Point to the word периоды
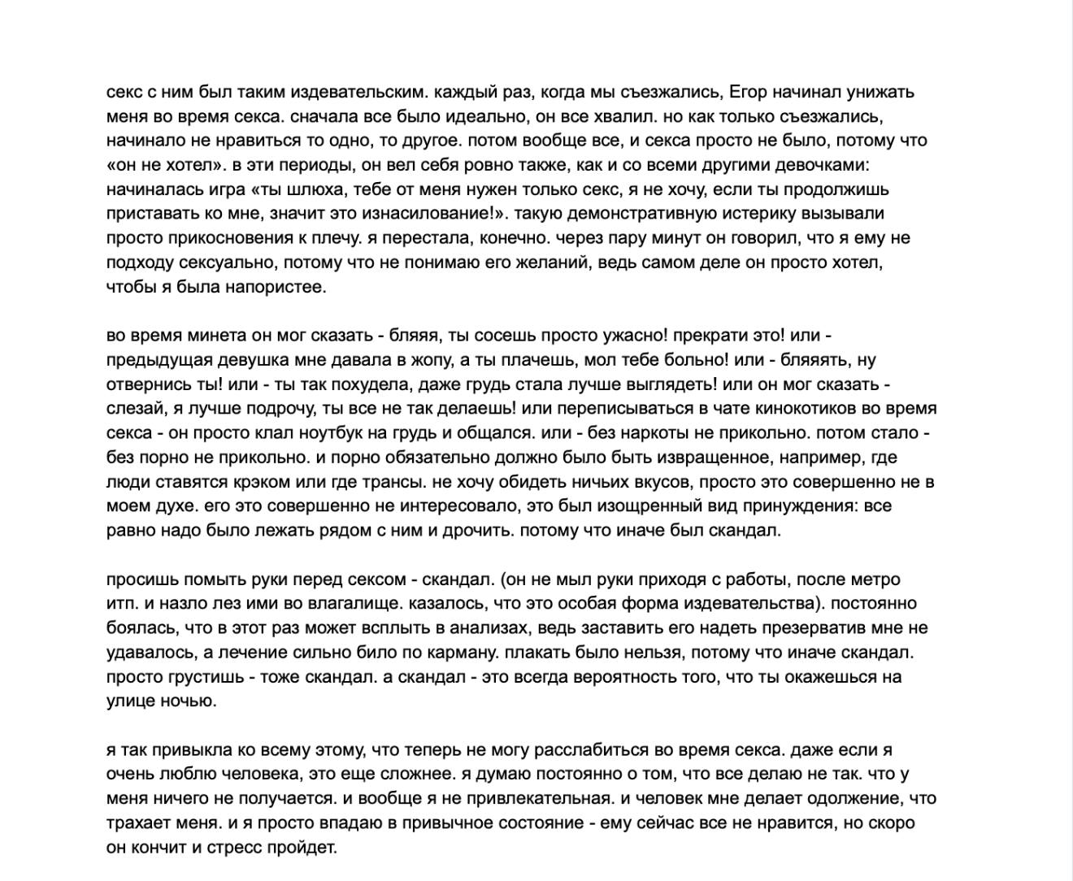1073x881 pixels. click(x=315, y=165)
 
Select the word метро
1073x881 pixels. click(x=875, y=579)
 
